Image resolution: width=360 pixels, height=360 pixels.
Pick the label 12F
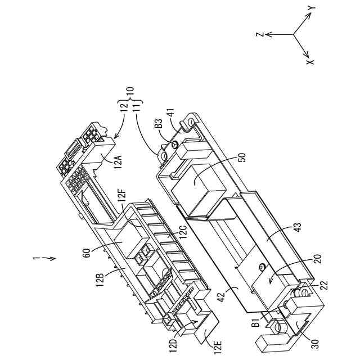[x=122, y=197]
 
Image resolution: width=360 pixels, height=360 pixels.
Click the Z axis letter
[x=260, y=34]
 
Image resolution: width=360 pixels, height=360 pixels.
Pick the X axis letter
[x=309, y=61]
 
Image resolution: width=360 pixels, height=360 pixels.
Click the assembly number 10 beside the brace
[x=130, y=90]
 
